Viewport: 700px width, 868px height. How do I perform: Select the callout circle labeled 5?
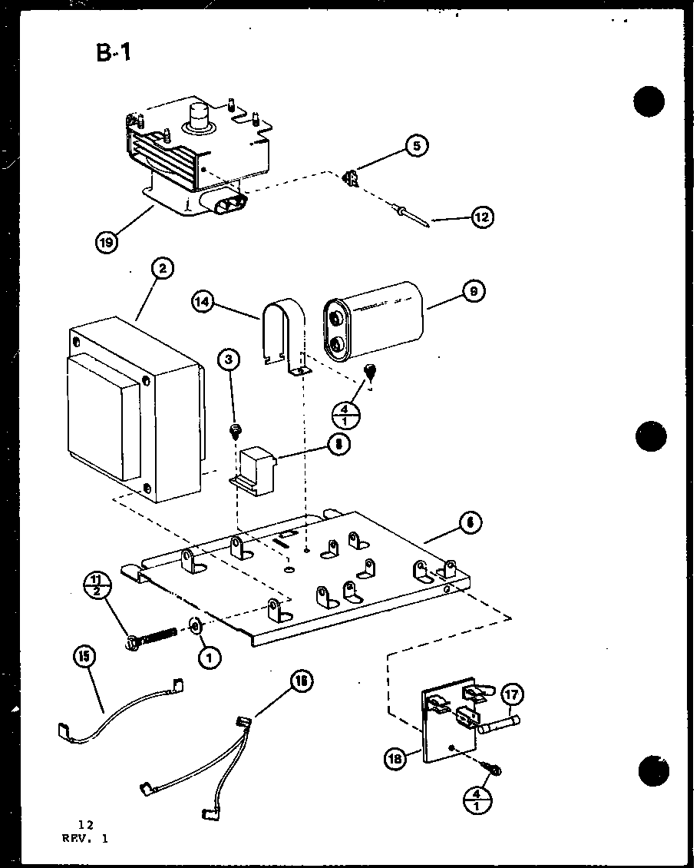(417, 146)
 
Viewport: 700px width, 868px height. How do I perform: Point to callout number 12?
(480, 217)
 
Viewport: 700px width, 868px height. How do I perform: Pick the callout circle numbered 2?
(162, 268)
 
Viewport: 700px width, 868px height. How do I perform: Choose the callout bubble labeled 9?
(474, 292)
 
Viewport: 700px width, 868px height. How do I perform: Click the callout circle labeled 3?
(228, 359)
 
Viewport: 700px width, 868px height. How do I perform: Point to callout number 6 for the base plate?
(470, 522)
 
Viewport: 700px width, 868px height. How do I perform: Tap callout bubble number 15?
(85, 656)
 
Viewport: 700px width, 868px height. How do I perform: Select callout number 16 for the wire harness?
(302, 681)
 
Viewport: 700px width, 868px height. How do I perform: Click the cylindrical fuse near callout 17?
(499, 724)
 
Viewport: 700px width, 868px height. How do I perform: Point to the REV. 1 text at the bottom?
(85, 839)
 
